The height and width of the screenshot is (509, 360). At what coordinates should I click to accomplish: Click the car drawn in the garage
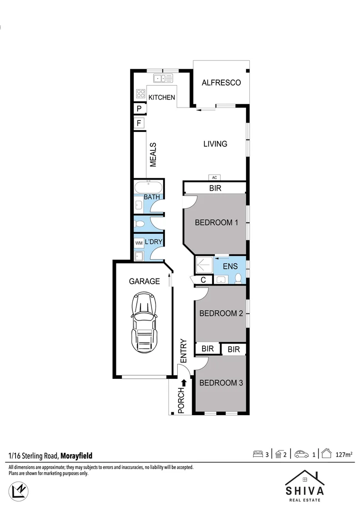pos(144,325)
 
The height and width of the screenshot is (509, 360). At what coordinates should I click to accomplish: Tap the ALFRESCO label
pos(221,83)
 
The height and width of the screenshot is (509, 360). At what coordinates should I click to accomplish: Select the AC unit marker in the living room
pos(214,178)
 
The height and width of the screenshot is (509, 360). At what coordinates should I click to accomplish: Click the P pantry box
pos(139,108)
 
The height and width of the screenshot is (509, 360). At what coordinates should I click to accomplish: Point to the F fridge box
pos(139,123)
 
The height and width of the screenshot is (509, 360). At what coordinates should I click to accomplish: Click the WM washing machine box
pos(139,243)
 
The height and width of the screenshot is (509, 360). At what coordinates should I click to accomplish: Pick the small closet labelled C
pos(203,280)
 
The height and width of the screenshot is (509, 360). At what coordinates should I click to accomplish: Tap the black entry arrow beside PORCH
pos(184,383)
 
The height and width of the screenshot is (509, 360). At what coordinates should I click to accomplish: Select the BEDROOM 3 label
pos(221,383)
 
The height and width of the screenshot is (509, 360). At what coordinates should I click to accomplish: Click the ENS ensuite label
pos(230,267)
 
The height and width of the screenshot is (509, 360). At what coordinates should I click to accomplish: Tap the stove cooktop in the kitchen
pos(140,93)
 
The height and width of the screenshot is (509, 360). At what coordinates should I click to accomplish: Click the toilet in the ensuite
pos(238,278)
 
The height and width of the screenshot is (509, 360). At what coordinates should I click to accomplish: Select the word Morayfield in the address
pos(76,456)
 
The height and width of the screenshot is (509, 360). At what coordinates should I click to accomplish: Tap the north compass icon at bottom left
pos(19,490)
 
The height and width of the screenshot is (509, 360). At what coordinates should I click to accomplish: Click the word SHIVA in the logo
pos(304,491)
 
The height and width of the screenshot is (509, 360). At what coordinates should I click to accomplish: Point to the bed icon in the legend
pos(257,455)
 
